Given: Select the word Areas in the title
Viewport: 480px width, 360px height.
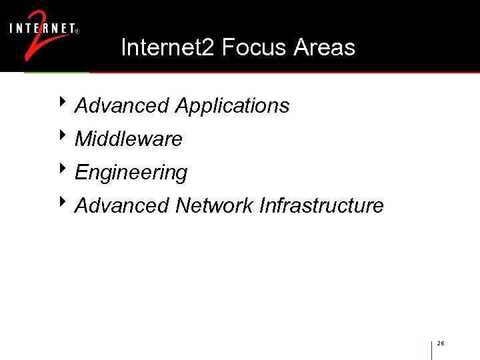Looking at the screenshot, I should pos(324,47).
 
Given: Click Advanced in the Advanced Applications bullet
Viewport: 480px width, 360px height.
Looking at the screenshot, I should pos(122,105).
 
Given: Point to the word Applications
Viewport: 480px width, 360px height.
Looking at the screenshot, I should pos(232,106).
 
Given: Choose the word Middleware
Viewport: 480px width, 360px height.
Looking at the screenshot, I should pos(129,139).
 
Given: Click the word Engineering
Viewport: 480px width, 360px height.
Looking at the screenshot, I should pos(131,173).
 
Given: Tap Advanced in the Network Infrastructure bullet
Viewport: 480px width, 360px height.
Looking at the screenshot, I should pos(122,205).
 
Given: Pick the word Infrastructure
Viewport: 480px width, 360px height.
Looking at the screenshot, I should pos(321,205).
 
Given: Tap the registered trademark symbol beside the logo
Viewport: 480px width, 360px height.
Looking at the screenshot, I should pos(79,31).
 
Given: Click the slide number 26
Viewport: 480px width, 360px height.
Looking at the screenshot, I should pos(441,343).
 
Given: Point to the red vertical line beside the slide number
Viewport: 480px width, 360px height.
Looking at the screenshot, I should pos(432,349).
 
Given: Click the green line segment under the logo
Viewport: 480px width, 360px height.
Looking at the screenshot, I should pos(57,72).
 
